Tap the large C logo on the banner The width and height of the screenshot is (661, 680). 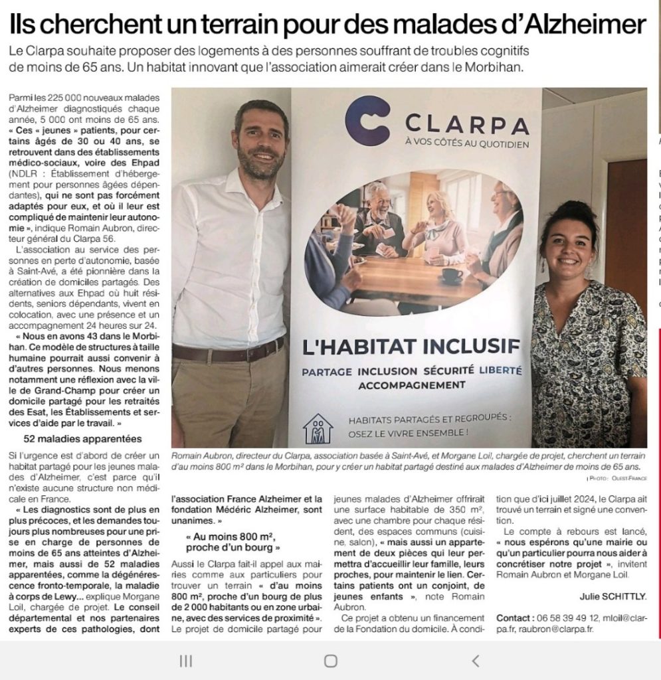click(x=367, y=121)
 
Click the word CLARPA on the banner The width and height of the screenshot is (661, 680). click(x=466, y=124)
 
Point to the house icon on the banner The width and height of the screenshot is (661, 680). click(x=318, y=428)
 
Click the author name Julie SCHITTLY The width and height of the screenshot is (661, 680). click(x=613, y=596)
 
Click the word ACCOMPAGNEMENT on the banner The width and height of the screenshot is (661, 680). click(x=411, y=384)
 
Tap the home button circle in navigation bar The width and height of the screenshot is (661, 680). click(x=330, y=661)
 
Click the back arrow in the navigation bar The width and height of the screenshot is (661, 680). click(x=475, y=661)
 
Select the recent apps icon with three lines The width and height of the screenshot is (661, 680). click(x=186, y=661)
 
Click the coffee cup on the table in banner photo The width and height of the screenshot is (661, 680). click(x=452, y=274)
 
